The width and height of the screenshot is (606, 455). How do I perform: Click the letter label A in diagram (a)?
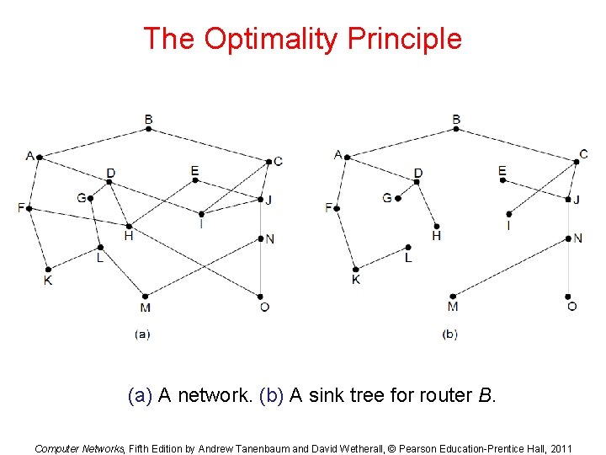pyautogui.click(x=30, y=155)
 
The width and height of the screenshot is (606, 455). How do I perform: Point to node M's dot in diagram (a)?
pyautogui.click(x=145, y=296)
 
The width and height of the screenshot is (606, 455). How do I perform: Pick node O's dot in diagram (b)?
pyautogui.click(x=570, y=296)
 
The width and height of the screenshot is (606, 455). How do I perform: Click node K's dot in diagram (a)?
pyautogui.click(x=48, y=269)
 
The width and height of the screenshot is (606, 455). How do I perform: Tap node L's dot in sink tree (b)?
pyautogui.click(x=407, y=248)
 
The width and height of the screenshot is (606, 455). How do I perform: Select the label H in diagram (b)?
pyautogui.click(x=436, y=236)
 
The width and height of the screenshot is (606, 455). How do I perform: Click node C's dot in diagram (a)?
pyautogui.click(x=268, y=161)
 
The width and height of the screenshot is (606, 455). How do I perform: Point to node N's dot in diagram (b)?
pyautogui.click(x=570, y=238)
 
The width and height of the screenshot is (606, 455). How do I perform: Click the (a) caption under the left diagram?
pyautogui.click(x=142, y=334)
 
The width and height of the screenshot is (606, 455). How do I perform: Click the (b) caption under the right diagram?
pyautogui.click(x=450, y=334)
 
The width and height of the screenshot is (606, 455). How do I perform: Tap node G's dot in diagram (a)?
pyautogui.click(x=90, y=199)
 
